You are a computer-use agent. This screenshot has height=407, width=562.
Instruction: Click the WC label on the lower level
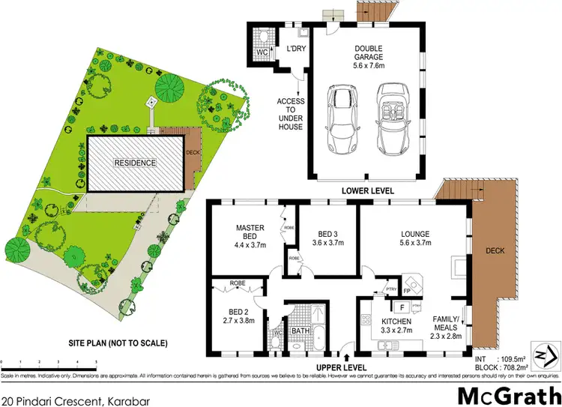[x=262, y=53]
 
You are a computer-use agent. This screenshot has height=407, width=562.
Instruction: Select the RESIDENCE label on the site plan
[x=135, y=163]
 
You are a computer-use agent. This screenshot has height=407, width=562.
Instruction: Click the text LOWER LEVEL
[x=368, y=191]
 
